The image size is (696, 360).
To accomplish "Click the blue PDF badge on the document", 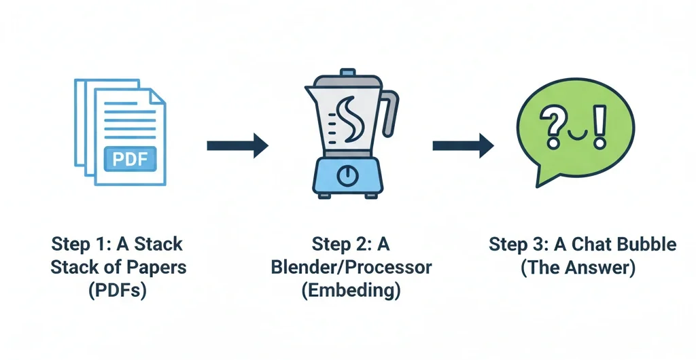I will pyautogui.click(x=130, y=159).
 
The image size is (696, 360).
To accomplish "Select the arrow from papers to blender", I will pyautogui.click(x=237, y=145).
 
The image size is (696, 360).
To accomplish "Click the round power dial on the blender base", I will pyautogui.click(x=348, y=175).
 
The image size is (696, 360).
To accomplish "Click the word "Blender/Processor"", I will pyautogui.click(x=351, y=266).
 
